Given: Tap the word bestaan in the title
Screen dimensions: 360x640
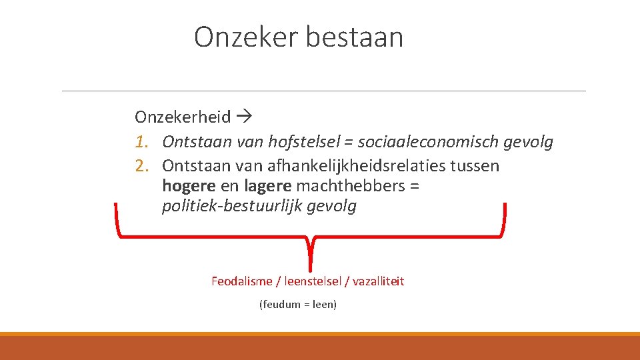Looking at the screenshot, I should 354,37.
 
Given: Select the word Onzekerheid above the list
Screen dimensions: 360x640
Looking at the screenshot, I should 183,117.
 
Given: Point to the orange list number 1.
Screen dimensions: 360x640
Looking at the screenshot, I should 140,142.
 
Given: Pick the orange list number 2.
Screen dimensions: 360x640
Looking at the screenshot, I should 140,165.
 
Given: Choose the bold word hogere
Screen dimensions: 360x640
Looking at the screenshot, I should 189,186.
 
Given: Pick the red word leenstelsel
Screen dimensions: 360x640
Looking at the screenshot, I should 312,281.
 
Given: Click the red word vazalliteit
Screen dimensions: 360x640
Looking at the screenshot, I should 378,281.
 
